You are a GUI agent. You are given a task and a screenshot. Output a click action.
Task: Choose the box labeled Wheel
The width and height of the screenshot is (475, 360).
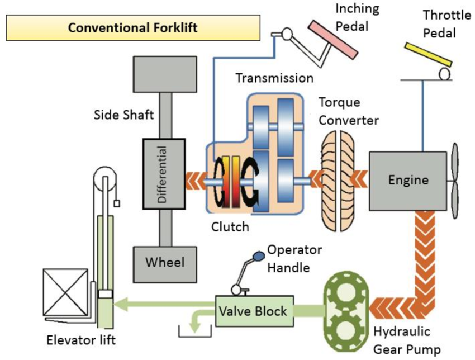pos(163,262)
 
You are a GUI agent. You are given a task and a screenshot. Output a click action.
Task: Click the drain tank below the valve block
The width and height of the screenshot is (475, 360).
pos(195,331)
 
